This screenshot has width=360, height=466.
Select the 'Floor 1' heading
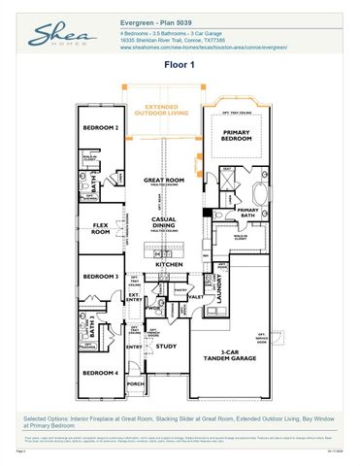(179, 65)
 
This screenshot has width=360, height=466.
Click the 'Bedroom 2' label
(100, 128)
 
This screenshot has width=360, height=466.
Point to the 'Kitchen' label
(169, 263)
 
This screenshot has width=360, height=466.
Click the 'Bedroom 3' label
(100, 277)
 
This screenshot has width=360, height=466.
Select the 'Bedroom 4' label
(100, 373)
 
